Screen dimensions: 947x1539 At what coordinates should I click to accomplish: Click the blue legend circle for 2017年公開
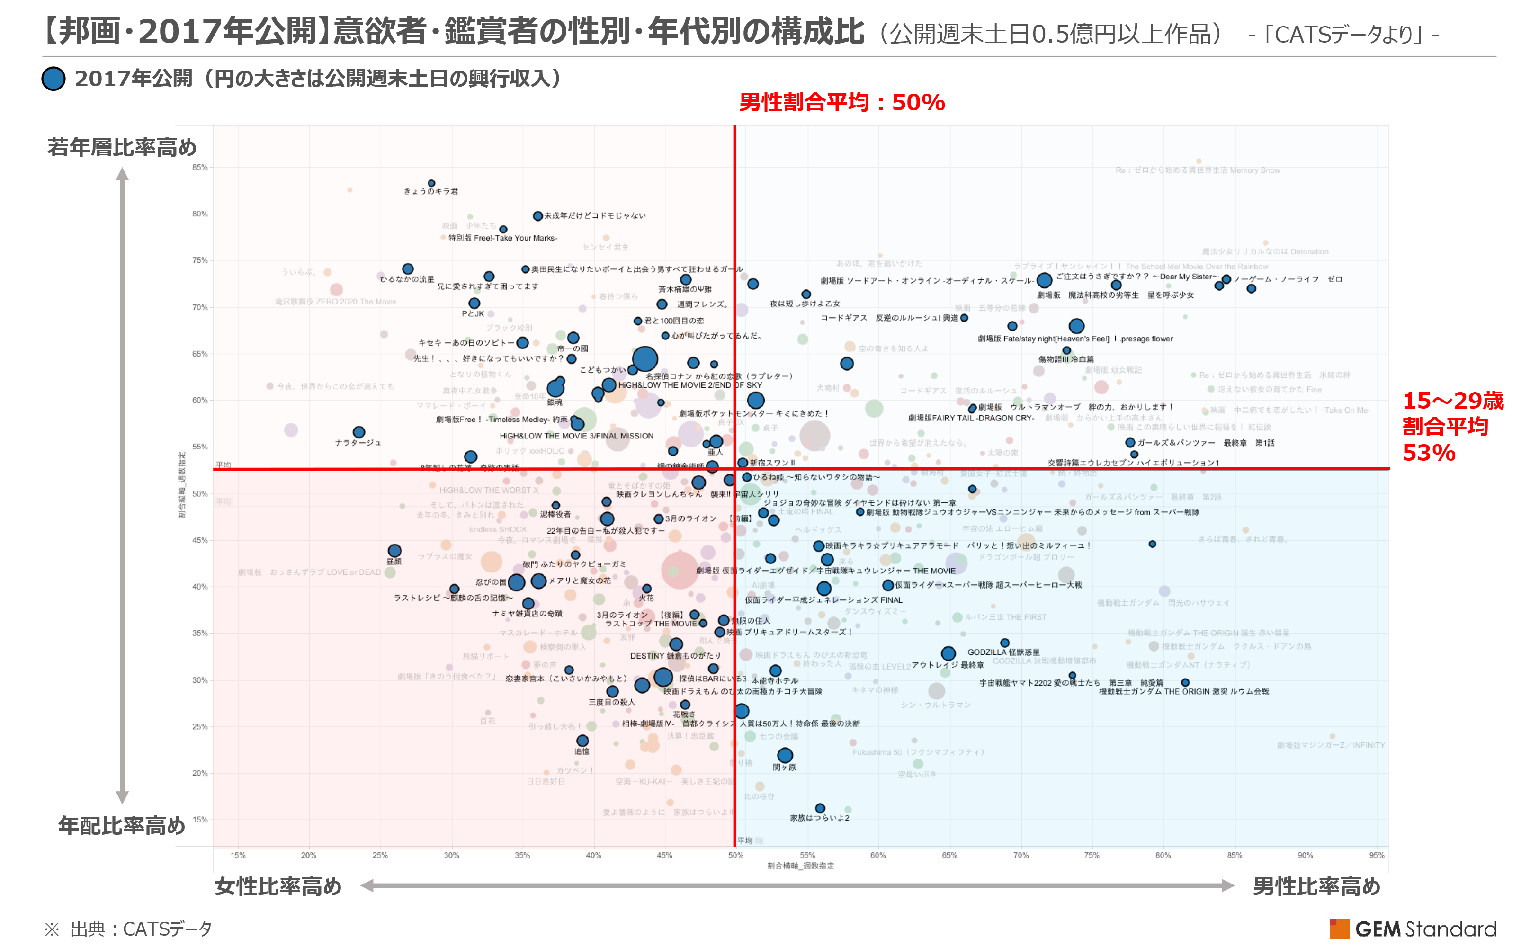54,79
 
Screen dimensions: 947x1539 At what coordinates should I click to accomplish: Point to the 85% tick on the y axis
200,167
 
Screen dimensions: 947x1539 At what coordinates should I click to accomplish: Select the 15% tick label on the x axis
238,855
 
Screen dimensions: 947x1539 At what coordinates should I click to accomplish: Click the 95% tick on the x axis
1376,855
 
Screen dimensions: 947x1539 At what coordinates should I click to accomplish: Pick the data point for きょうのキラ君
431,184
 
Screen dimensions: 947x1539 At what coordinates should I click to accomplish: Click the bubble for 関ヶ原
785,755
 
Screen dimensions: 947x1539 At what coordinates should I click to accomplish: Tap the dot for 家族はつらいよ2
820,808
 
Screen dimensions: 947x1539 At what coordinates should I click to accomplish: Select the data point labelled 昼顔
394,551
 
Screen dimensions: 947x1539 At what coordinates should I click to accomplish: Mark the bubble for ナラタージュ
359,432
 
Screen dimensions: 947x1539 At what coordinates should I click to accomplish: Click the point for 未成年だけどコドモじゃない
537,216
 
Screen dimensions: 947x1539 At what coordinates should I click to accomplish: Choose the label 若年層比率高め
122,147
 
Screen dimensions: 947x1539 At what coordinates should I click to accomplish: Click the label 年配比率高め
122,825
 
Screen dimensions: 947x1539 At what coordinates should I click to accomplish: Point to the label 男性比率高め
1316,886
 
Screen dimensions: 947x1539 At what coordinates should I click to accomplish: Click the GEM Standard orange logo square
1339,928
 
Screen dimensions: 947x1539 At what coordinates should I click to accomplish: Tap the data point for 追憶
582,741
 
